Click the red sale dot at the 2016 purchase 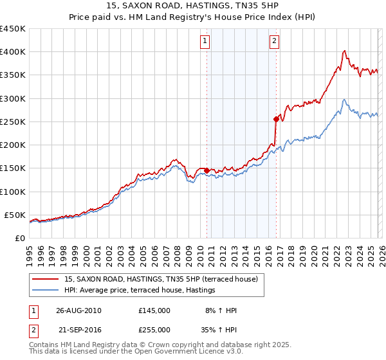coord(276,119)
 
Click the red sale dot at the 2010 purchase coord(207,170)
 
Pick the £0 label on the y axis coord(19,238)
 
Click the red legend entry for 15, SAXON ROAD coord(161,280)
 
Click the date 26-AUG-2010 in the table coord(78,310)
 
